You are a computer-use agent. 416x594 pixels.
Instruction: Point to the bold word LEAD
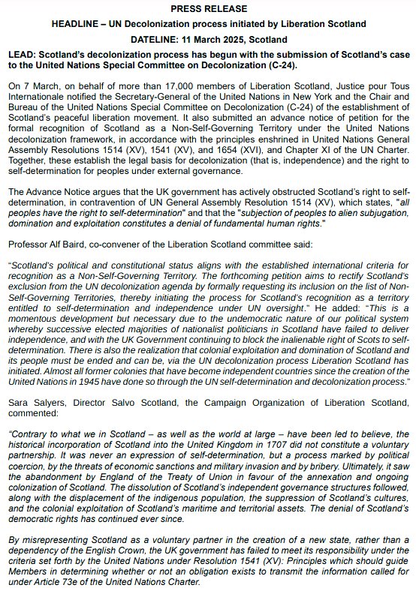point(22,55)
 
